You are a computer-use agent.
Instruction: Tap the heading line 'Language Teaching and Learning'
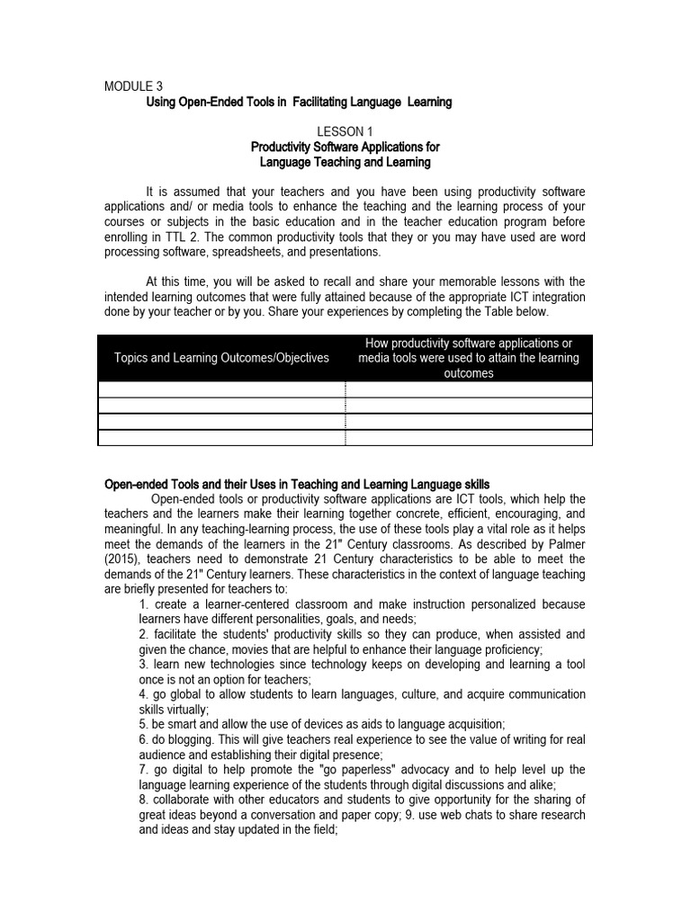pos(345,163)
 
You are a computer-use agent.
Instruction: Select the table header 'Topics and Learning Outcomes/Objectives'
pos(221,358)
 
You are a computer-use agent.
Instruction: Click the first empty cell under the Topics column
pos(221,389)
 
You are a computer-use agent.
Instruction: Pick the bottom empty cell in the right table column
pos(469,438)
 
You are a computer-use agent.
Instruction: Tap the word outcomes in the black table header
pos(469,373)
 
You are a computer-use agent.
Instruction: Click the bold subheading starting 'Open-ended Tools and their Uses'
pos(297,485)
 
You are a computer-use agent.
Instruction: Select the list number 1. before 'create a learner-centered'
pos(144,604)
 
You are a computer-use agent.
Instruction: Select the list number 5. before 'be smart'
pos(144,724)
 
